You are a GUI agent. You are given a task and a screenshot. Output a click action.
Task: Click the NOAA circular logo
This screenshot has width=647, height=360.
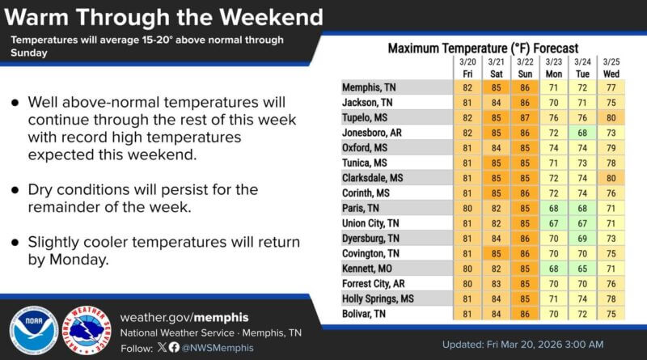33,332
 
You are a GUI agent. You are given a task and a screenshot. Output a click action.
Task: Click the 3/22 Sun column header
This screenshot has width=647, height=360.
525,66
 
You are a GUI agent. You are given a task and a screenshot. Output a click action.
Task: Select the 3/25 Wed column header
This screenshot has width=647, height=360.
611,66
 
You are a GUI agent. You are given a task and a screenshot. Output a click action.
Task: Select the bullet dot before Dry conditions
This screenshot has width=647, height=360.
15,192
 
